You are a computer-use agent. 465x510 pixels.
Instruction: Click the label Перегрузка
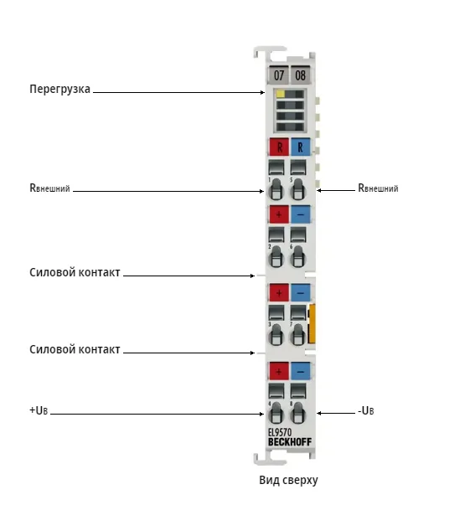pos(59,89)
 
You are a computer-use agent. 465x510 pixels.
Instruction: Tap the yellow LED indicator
pos(281,94)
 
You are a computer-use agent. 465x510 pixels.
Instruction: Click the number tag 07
pos(278,75)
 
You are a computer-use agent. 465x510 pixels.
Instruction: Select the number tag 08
pos(300,75)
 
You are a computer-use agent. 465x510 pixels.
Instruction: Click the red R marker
pos(279,147)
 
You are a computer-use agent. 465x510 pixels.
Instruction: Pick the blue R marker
pos(300,147)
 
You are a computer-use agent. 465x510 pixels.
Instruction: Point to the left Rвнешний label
pos(49,188)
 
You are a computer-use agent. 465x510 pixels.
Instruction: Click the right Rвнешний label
pos(378,188)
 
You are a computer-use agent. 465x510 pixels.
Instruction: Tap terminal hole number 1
pos(276,189)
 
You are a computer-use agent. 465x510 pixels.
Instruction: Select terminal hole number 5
pos(297,189)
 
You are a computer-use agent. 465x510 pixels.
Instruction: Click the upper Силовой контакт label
pos(75,272)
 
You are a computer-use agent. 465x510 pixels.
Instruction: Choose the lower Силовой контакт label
pos(75,349)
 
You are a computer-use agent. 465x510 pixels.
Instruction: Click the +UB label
pos(39,410)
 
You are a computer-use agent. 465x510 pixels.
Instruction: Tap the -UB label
pos(366,411)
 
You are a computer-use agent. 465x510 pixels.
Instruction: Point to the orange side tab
pos(312,323)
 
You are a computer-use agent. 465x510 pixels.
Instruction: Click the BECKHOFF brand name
pos(290,442)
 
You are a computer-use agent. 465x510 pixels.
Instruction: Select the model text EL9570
pos(280,432)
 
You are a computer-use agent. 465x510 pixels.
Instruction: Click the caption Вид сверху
pos(288,481)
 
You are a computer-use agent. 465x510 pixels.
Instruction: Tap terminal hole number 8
pos(297,414)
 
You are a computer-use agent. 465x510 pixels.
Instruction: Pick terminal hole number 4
pos(276,414)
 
